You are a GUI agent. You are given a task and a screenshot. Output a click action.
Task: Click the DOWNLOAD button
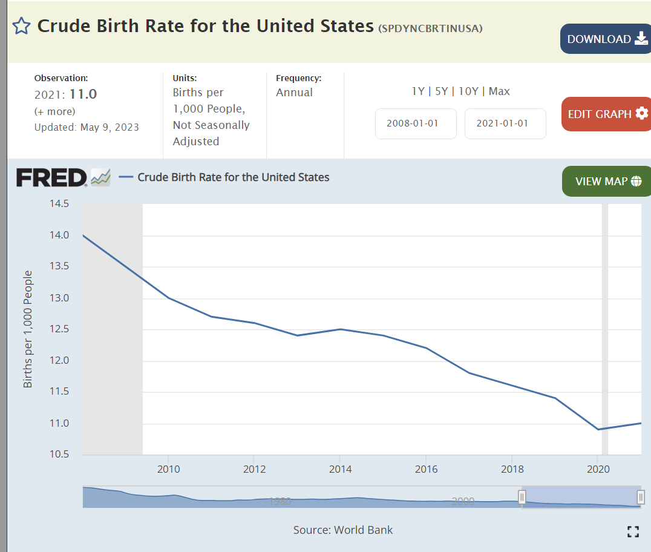(x=605, y=39)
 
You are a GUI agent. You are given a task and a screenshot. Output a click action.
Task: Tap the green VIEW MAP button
(x=606, y=182)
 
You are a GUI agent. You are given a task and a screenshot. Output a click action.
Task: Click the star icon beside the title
(x=21, y=26)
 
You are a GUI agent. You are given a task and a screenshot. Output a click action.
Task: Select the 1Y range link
(x=418, y=91)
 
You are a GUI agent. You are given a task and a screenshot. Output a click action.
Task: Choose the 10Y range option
(x=468, y=91)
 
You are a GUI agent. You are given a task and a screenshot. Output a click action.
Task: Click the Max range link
(x=499, y=91)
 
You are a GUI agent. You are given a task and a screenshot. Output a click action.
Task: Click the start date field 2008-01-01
(x=416, y=123)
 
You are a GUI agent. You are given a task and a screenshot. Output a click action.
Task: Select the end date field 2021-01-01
(x=505, y=123)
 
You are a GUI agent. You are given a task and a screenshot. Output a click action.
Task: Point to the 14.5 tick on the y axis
(x=59, y=204)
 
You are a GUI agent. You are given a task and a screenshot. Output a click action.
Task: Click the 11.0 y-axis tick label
(x=59, y=424)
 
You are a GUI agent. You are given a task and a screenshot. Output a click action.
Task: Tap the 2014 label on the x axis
(x=341, y=469)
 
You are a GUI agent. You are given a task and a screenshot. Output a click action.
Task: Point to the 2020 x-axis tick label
(x=598, y=469)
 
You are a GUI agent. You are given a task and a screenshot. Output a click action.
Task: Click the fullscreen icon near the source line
(x=633, y=532)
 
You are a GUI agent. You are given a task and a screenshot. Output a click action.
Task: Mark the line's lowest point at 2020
(x=598, y=429)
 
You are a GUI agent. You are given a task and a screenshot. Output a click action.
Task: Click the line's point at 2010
(x=168, y=298)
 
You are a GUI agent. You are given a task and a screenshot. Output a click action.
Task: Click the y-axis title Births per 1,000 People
(x=28, y=329)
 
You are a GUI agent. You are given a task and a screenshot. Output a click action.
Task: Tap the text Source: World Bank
(x=343, y=530)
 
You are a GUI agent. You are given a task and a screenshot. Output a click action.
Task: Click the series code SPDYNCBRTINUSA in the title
(x=430, y=28)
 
